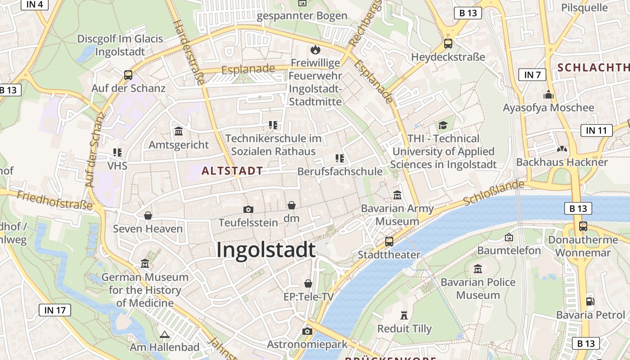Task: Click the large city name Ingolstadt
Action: tap(265, 250)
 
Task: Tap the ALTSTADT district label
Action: tap(232, 171)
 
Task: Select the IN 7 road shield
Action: tap(532, 75)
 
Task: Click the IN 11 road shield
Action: tap(596, 130)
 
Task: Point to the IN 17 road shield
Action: tap(55, 310)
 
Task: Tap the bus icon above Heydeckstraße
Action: tap(448, 44)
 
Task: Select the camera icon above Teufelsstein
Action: tap(248, 209)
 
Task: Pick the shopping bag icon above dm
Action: tap(292, 205)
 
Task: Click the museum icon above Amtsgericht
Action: tap(179, 131)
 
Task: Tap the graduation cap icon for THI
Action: tap(443, 125)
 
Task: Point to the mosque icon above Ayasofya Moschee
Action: tap(548, 94)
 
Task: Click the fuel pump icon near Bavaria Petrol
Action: tap(590, 301)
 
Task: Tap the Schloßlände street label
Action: tap(494, 193)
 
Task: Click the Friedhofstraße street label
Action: tap(54, 201)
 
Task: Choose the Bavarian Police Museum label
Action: tap(478, 288)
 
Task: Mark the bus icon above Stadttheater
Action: tap(389, 242)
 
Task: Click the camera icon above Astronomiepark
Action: tap(307, 331)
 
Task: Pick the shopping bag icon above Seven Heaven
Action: tap(148, 216)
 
